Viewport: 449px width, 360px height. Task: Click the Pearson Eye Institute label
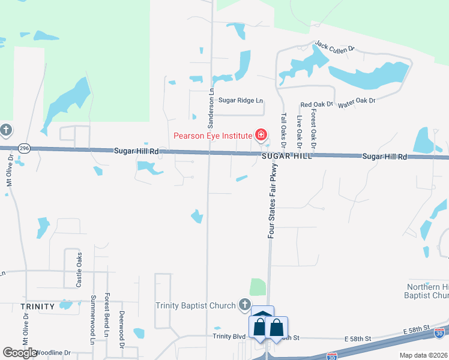tap(212, 135)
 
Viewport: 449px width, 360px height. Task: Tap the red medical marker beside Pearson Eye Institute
tap(261, 134)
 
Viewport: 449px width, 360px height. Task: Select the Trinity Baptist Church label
tap(195, 306)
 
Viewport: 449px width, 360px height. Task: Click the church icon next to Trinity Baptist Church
tap(244, 305)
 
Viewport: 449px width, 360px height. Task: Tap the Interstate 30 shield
tap(440, 332)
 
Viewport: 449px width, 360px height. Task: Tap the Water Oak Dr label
tap(357, 103)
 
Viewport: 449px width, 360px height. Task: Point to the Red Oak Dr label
tap(316, 104)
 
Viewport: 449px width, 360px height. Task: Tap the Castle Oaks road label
tap(79, 270)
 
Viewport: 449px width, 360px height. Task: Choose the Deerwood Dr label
tap(121, 330)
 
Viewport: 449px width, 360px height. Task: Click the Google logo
tap(20, 352)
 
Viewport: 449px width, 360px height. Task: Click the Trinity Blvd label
tap(227, 337)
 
